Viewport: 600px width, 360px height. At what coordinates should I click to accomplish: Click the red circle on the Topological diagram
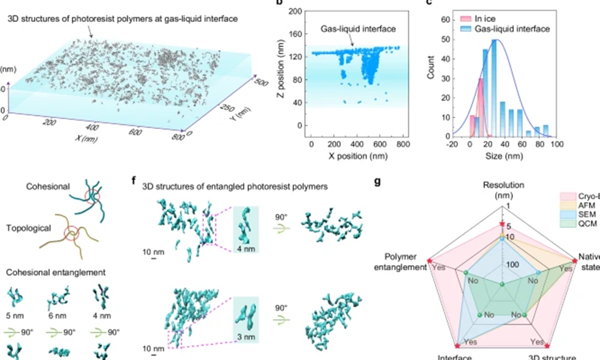pyautogui.click(x=72, y=233)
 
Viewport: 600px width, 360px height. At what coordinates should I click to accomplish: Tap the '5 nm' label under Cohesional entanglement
pyautogui.click(x=15, y=315)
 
